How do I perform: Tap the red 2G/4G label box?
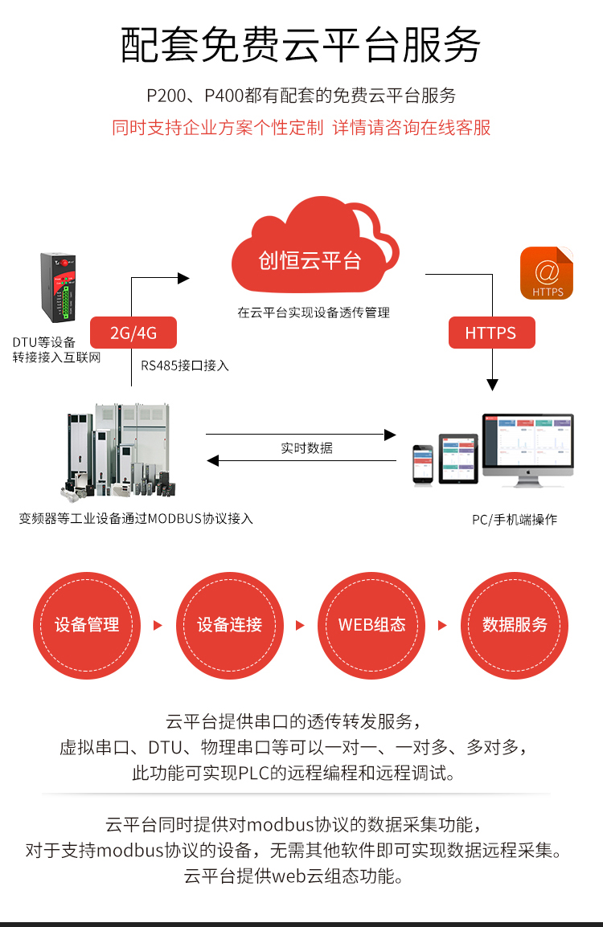coord(133,333)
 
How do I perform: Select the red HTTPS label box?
coord(490,333)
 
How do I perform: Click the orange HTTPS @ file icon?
coord(547,273)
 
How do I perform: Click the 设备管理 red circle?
coord(87,625)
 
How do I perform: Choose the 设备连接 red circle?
coord(230,625)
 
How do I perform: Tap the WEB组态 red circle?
coord(372,625)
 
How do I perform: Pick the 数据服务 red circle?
coord(515,625)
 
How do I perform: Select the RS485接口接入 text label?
coord(185,365)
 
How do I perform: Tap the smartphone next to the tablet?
coord(423,464)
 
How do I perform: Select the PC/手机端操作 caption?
coord(515,520)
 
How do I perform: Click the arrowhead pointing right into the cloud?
coord(183,278)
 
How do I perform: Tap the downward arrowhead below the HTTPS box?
coord(492,385)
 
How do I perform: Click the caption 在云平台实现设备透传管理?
coord(314,312)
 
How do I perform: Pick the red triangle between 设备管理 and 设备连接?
coord(158,625)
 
